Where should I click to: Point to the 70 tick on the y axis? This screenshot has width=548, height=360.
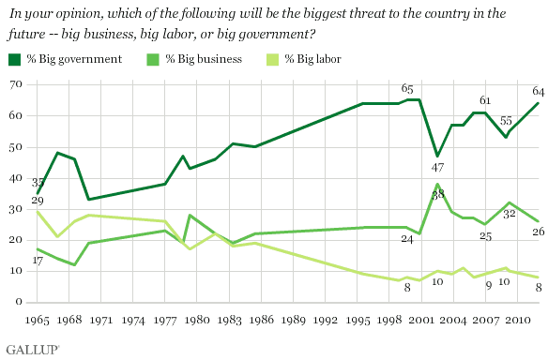pyautogui.click(x=16, y=84)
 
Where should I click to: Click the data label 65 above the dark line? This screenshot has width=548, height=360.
pyautogui.click(x=407, y=88)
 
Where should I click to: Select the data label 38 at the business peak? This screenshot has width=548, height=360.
pyautogui.click(x=438, y=194)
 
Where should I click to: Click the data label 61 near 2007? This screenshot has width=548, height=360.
pyautogui.click(x=485, y=100)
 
